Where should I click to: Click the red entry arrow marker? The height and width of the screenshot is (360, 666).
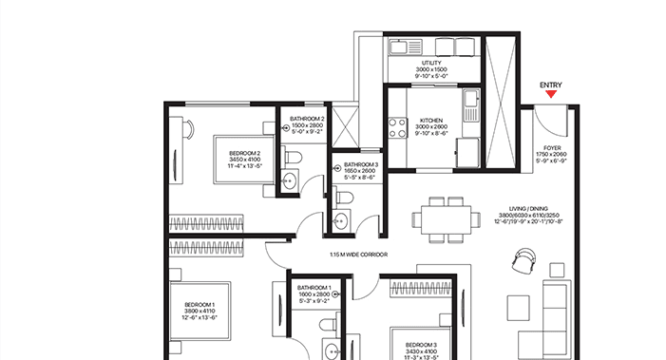pos(550,95)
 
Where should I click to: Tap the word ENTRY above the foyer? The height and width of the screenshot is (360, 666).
pos(550,85)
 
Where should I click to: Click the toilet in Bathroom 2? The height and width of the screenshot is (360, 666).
pos(295,154)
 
